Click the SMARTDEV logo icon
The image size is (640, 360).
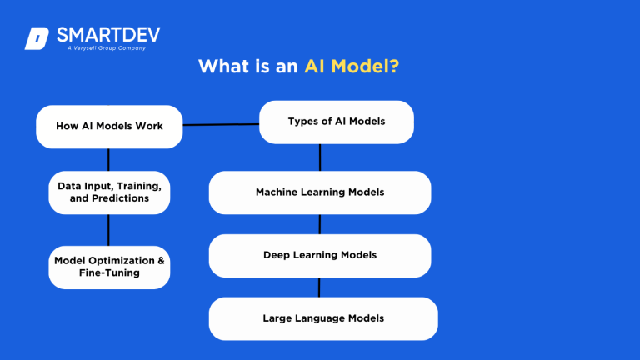click(x=37, y=38)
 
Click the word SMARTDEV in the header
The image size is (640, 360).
click(x=108, y=34)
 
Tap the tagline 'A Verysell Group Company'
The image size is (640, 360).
click(x=107, y=48)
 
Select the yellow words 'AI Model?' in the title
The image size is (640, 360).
click(x=351, y=67)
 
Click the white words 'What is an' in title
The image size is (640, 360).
click(x=247, y=67)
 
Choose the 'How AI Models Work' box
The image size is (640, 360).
click(x=109, y=127)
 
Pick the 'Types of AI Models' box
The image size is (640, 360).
click(x=337, y=122)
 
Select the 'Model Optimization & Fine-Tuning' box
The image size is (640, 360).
click(x=109, y=267)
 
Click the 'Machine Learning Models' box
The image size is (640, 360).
click(x=320, y=192)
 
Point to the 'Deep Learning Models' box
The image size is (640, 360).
click(x=320, y=255)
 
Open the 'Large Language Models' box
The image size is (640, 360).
click(x=323, y=318)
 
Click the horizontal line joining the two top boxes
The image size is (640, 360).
click(x=221, y=125)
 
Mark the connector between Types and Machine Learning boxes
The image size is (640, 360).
click(x=320, y=157)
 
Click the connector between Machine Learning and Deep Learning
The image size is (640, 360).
click(x=320, y=224)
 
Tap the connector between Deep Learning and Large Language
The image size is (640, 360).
click(x=320, y=287)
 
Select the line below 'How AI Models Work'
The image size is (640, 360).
click(x=109, y=159)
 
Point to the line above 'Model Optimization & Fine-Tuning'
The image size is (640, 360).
click(x=109, y=229)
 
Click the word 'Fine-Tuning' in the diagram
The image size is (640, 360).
click(x=110, y=272)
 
